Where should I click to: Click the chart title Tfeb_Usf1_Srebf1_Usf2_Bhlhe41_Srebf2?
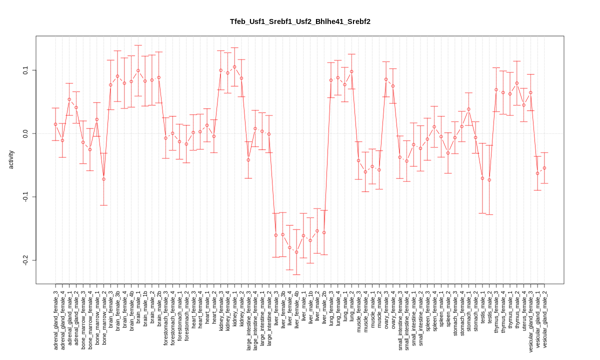300,21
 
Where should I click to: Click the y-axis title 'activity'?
11,159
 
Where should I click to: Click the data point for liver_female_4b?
296,252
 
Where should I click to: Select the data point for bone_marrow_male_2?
103,179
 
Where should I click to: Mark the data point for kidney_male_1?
234,66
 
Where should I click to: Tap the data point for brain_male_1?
138,70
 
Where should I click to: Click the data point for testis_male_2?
489,180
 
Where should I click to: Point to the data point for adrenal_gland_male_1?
69,99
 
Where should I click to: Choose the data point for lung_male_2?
351,71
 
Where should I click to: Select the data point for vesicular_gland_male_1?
537,173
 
